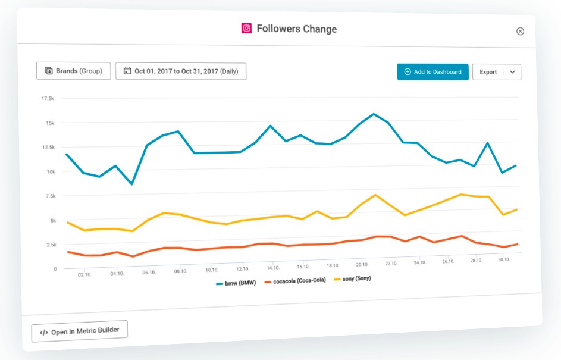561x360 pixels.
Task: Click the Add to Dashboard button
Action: click(432, 72)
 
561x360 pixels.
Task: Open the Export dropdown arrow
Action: click(512, 72)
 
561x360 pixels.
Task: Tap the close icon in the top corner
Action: click(520, 31)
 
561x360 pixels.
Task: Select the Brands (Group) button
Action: click(73, 71)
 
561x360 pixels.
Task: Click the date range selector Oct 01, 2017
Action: click(181, 71)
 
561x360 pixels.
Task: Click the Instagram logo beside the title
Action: click(246, 29)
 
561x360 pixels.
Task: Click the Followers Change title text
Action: click(297, 29)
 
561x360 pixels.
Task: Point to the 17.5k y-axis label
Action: click(48, 98)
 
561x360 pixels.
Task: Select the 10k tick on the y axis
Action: click(51, 172)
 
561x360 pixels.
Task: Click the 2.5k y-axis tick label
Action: click(51, 245)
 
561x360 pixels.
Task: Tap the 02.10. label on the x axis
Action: click(85, 274)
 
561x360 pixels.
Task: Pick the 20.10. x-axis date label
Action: click(362, 264)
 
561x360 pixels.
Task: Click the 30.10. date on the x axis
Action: click(504, 259)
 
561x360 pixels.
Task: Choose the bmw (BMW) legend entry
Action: click(236, 283)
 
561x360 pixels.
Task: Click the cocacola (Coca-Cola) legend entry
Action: click(295, 281)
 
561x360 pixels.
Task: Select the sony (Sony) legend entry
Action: click(352, 278)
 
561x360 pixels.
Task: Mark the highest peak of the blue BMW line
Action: click(374, 114)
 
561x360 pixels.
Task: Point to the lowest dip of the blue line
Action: click(132, 184)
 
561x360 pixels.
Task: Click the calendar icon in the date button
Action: click(127, 71)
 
